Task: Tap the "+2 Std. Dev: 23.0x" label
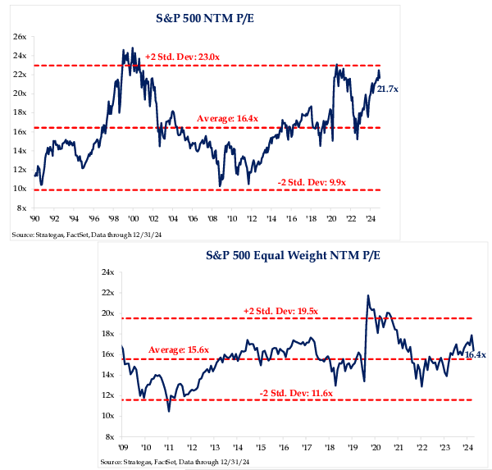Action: [x=182, y=56]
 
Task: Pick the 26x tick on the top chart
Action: [x=20, y=37]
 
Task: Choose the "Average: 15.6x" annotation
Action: [x=179, y=350]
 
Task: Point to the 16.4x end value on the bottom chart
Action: [x=476, y=354]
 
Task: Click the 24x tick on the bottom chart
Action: [x=107, y=272]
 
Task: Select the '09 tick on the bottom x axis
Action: [x=121, y=448]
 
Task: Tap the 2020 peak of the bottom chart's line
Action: [x=367, y=295]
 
